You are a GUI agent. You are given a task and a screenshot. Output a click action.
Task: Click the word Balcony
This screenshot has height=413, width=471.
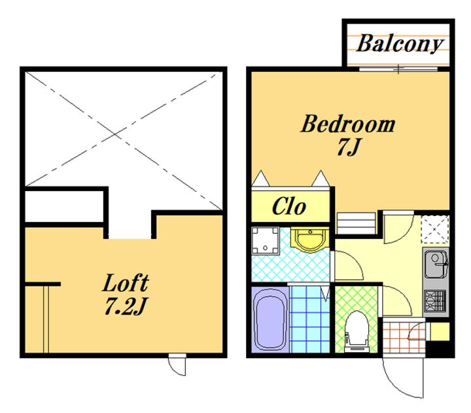(x=400, y=44)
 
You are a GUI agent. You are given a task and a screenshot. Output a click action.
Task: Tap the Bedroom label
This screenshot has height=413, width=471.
(x=348, y=124)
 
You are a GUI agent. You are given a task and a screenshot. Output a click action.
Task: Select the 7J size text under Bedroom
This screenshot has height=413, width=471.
(x=349, y=147)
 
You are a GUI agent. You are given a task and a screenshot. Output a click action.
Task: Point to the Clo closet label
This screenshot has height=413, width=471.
(x=289, y=206)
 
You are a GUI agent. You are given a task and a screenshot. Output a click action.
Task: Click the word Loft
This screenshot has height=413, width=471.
(x=126, y=283)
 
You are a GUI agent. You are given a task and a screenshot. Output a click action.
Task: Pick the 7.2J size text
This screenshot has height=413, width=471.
(x=126, y=306)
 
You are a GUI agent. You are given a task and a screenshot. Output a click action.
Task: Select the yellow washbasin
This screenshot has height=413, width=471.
(x=310, y=240)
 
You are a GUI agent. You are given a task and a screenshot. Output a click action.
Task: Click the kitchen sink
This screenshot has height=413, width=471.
(x=436, y=264)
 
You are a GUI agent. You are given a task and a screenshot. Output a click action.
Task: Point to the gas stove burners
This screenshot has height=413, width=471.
(x=436, y=300)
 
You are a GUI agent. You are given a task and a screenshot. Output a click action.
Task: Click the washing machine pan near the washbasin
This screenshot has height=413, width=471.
(x=266, y=240)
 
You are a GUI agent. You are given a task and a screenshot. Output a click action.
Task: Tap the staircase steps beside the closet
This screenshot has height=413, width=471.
(x=357, y=223)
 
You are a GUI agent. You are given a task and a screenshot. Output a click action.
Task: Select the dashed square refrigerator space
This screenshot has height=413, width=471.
(x=434, y=229)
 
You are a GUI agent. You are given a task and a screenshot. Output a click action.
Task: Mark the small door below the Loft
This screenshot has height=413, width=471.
(x=177, y=365)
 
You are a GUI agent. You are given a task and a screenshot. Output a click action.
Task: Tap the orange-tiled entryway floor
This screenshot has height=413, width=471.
(x=404, y=337)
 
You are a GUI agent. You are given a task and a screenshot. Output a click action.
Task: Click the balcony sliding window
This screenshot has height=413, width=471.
(x=398, y=69)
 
